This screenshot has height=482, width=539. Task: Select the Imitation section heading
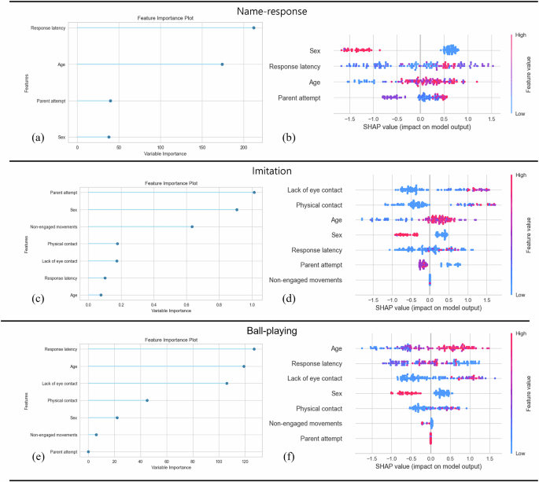pos(268,170)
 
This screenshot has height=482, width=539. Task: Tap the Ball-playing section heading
pos(268,331)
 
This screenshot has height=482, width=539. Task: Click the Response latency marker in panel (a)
pos(253,28)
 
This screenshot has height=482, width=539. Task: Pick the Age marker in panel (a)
pos(222,64)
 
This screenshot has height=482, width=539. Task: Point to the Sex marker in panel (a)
pos(109,137)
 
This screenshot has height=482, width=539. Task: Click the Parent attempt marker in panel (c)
pos(253,192)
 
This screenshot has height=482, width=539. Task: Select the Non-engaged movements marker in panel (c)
pos(192,226)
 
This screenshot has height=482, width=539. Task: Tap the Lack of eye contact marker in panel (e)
pos(227,383)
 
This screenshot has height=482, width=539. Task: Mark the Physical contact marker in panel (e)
pos(147,400)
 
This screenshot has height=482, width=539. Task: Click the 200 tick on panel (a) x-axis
pos(244,147)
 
